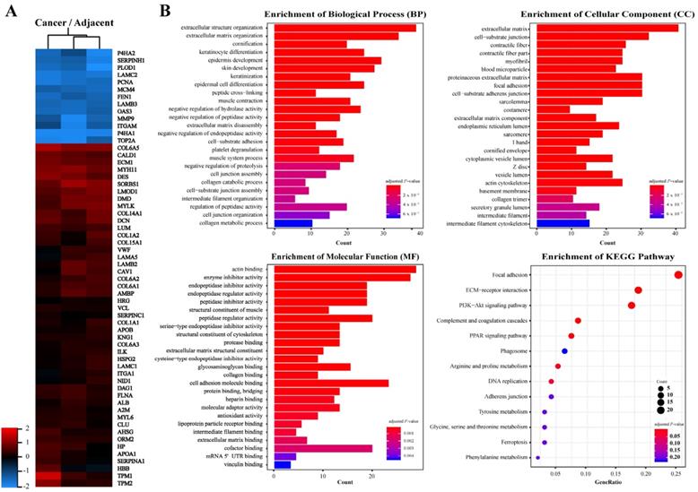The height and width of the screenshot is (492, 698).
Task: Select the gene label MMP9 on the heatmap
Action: pos(125,117)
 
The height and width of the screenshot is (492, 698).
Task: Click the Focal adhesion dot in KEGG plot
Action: pos(679,274)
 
